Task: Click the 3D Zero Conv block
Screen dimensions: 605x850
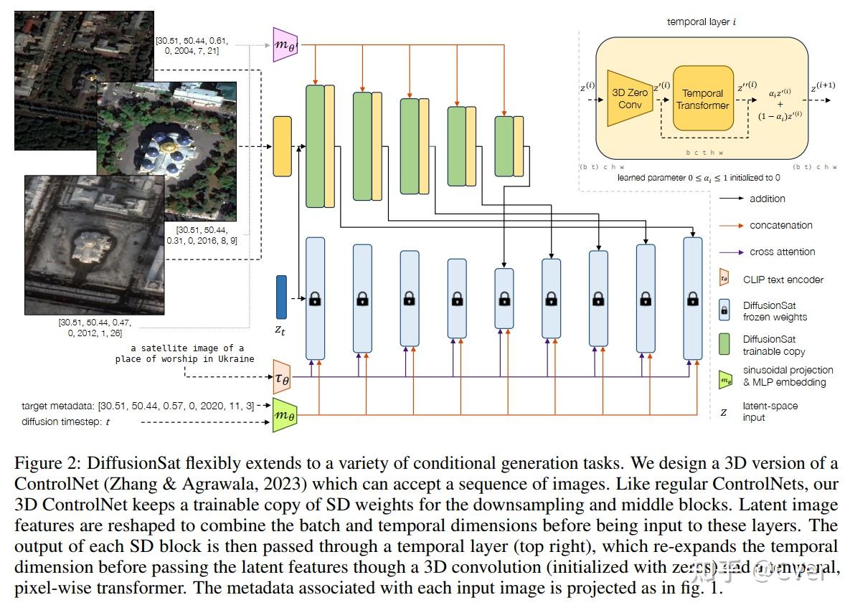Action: pyautogui.click(x=629, y=98)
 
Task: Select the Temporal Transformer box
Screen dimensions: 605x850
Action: pyautogui.click(x=702, y=99)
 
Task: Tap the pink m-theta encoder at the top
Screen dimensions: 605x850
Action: pyautogui.click(x=284, y=44)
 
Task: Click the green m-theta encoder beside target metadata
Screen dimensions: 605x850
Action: pyautogui.click(x=284, y=415)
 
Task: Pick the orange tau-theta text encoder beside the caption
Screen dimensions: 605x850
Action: pyautogui.click(x=283, y=376)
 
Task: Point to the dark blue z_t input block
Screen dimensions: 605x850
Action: pyautogui.click(x=281, y=297)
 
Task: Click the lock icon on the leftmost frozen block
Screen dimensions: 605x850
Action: pyautogui.click(x=314, y=300)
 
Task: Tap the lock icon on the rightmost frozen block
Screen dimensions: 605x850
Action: pyautogui.click(x=692, y=300)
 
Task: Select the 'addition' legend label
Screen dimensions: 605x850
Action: pyautogui.click(x=767, y=199)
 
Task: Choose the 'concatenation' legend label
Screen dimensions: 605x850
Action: pyautogui.click(x=780, y=225)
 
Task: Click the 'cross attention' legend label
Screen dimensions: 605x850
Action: pyautogui.click(x=782, y=252)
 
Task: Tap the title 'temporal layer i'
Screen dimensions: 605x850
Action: pyautogui.click(x=701, y=22)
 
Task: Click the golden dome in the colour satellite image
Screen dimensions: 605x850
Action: pyautogui.click(x=170, y=148)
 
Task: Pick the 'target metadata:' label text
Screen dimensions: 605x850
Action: pyautogui.click(x=58, y=406)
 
